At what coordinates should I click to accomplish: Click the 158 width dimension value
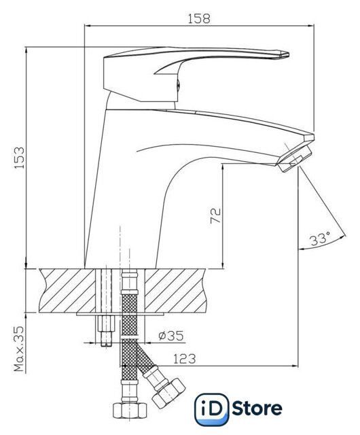pos(199,18)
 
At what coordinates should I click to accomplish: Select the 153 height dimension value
pos(20,158)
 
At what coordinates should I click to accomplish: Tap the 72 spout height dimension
pos(216,215)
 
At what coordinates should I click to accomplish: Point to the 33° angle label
pos(320,239)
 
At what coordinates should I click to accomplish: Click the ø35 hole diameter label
pos(171,336)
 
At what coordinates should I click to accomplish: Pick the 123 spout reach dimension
pos(185,359)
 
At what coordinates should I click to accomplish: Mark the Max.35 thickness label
pos(19,349)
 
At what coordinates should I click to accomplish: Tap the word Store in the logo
pos(257,408)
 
